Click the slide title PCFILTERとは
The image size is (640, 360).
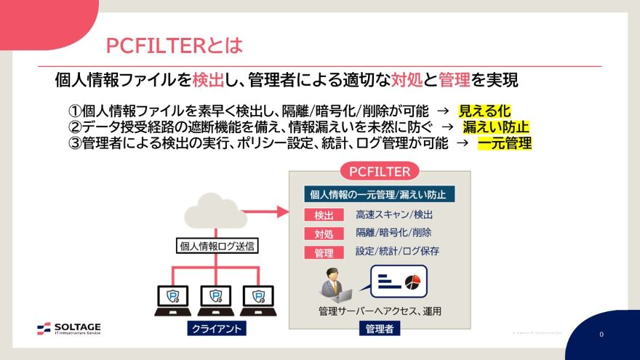point(173,45)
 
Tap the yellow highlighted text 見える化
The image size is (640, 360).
point(485,111)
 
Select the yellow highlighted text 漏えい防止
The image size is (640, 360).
point(497,127)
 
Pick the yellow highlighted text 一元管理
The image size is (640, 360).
point(505,143)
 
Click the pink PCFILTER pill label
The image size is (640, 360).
point(380,172)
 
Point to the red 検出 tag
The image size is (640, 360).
point(324,215)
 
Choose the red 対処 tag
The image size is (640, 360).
point(324,234)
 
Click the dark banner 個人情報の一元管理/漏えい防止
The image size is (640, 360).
point(380,194)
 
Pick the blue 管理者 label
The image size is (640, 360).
point(379,329)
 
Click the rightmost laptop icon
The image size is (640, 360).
point(257,297)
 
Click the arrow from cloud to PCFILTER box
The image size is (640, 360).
point(265,212)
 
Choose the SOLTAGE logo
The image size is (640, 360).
point(69,329)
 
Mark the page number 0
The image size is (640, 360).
point(601,335)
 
